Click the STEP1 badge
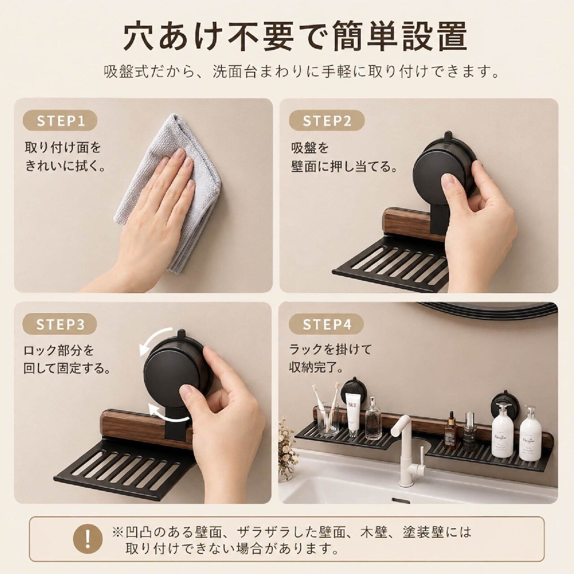[60, 121]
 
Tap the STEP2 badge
[327, 121]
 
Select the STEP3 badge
[60, 324]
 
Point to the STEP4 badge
[327, 324]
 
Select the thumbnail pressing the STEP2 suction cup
[450, 182]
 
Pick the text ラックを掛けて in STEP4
[330, 349]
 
